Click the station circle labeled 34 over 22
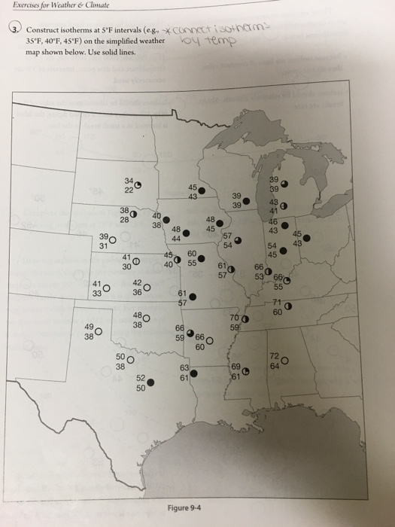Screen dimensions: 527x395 click(137, 184)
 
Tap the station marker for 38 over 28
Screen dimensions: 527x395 click(132, 214)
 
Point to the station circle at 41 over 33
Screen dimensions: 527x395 click(107, 287)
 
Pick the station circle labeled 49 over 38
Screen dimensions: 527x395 click(99, 329)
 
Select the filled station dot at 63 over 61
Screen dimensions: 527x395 click(195, 372)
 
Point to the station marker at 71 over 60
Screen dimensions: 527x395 click(288, 305)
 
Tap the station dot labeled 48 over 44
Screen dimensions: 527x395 click(186, 233)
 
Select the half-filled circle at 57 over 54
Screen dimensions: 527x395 click(238, 240)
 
